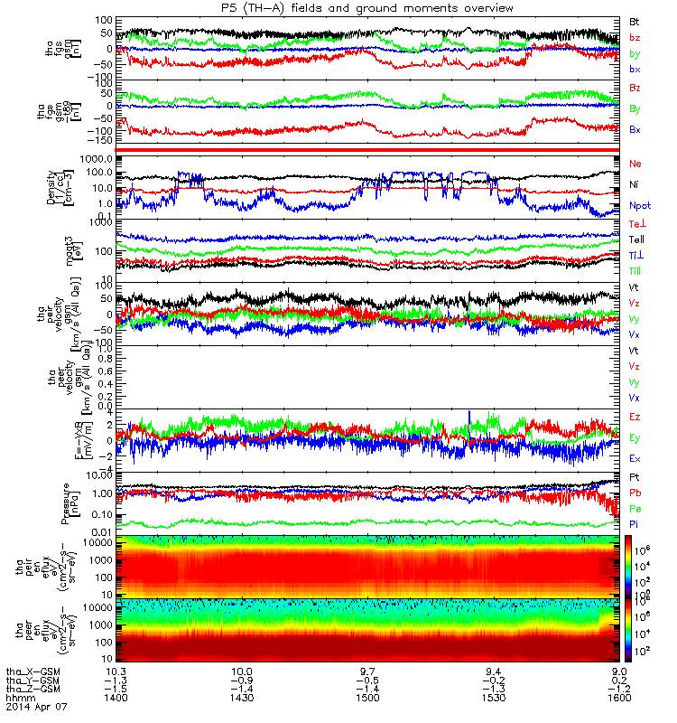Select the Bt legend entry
click(635, 21)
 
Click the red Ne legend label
click(635, 164)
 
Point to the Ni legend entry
click(634, 184)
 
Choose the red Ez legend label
click(635, 417)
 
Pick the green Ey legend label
click(635, 438)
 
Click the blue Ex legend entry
click(635, 458)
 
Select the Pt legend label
click(635, 476)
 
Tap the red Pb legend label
click(635, 493)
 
